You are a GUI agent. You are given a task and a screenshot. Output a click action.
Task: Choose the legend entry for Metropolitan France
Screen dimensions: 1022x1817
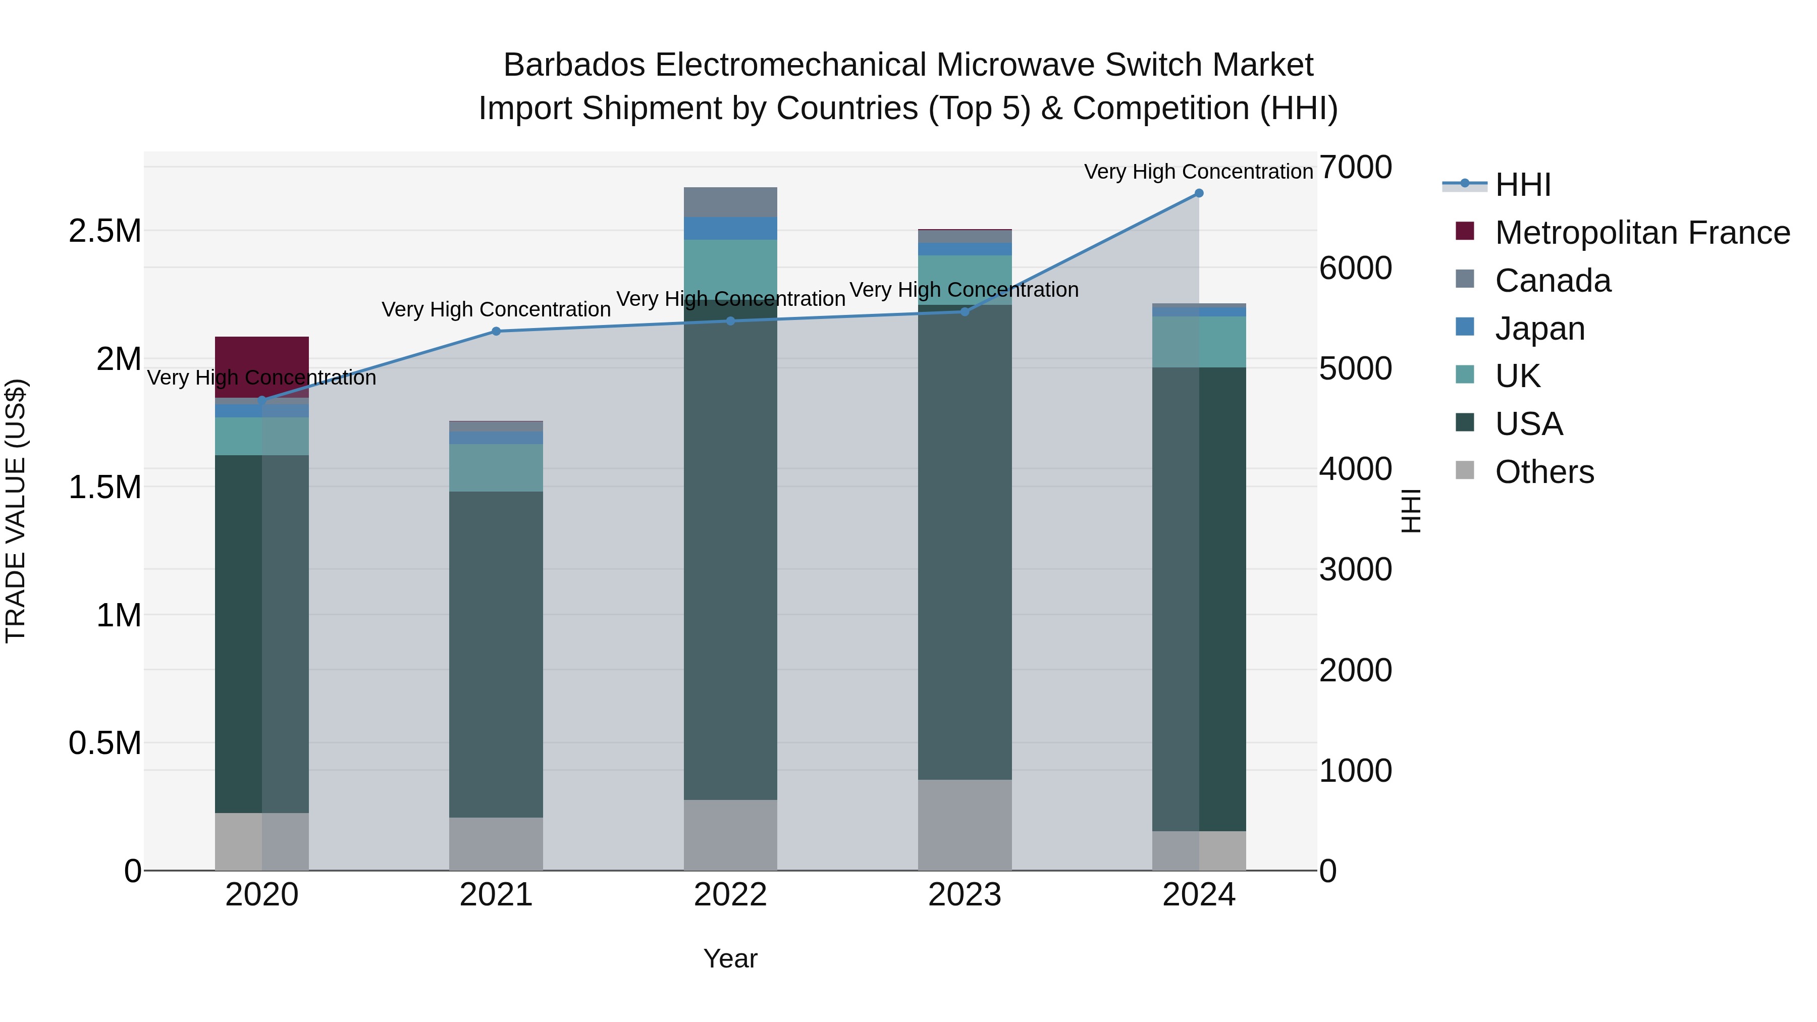(x=1641, y=233)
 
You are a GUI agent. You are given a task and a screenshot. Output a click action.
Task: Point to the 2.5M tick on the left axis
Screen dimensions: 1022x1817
(x=105, y=231)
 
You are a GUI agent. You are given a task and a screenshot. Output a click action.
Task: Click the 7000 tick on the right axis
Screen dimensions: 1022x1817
(x=1355, y=168)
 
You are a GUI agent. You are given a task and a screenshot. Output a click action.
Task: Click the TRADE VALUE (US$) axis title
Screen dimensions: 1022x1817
(x=16, y=511)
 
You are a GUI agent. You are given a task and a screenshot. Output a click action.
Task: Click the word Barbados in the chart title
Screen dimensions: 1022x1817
(x=574, y=65)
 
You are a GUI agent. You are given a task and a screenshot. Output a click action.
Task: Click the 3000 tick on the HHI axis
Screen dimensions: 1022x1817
(x=1355, y=569)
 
